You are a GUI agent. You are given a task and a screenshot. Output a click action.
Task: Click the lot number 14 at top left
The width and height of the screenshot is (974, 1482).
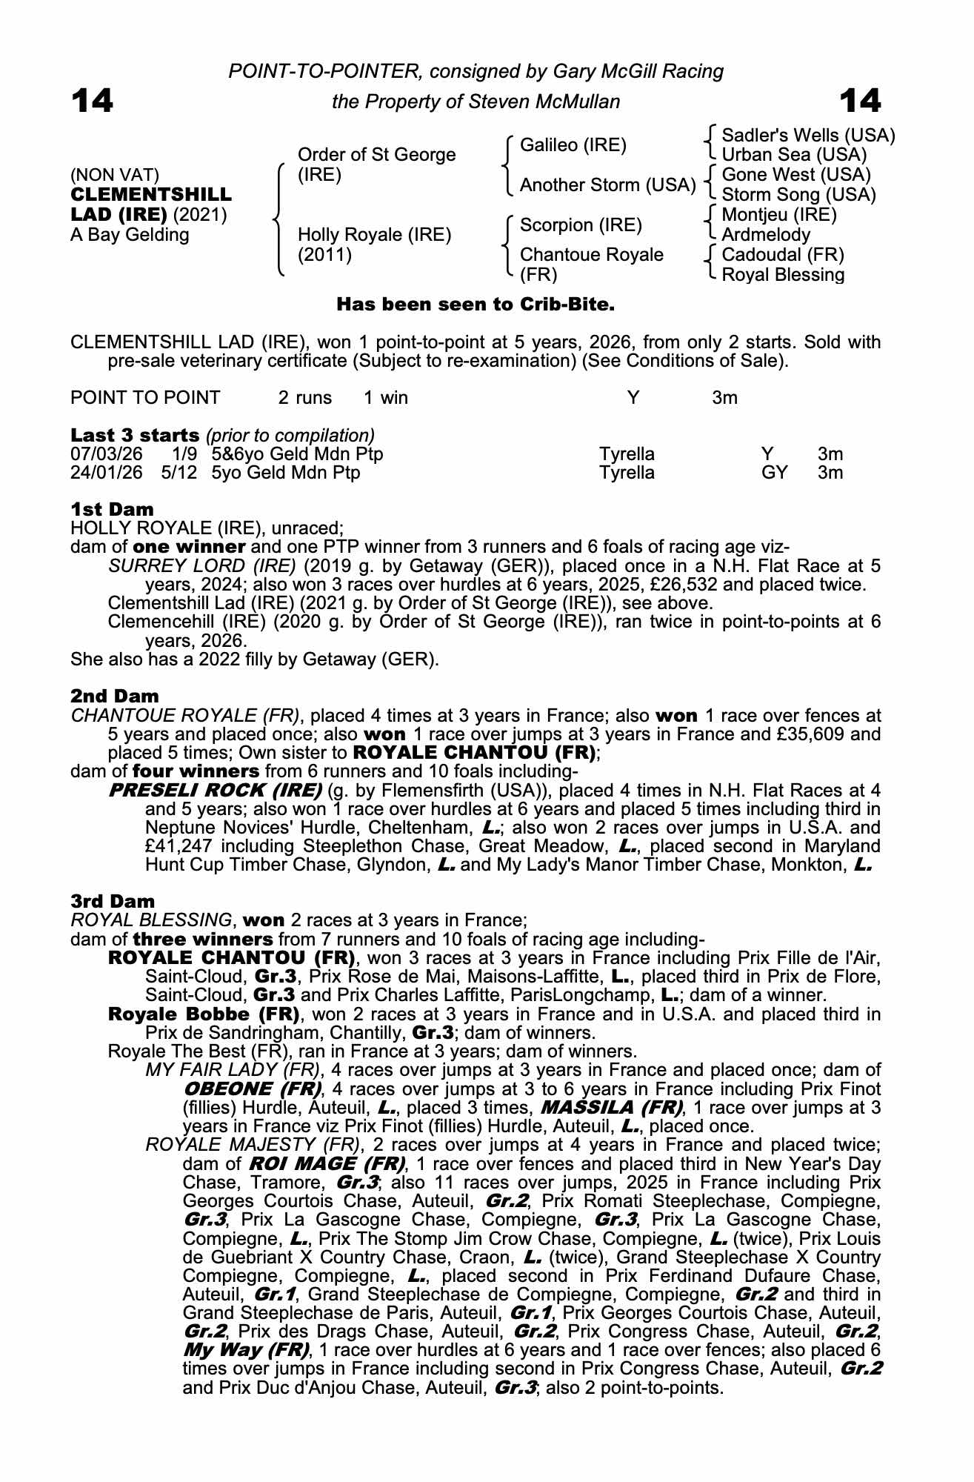[x=92, y=101]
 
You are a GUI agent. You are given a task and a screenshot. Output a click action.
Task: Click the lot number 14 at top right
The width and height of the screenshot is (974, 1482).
[x=860, y=101]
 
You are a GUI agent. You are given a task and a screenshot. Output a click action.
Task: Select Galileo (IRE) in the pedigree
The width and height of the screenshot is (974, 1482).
[x=573, y=145]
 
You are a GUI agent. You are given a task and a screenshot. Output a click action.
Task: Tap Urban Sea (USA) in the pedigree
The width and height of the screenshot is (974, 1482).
[x=794, y=155]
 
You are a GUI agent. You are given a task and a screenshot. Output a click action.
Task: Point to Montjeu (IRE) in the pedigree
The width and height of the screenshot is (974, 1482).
[x=778, y=215]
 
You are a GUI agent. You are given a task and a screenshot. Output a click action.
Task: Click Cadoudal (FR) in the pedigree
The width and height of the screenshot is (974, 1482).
[x=782, y=255]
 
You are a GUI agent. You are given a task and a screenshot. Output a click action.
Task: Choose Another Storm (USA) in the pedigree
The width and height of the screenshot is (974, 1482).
[x=607, y=185]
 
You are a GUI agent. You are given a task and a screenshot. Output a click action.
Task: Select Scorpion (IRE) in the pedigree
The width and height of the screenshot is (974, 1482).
[x=581, y=225]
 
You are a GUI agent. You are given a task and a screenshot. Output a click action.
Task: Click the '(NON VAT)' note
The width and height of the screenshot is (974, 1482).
[x=115, y=175]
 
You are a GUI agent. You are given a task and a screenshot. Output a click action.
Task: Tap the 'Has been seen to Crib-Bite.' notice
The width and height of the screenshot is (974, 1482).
[x=476, y=305]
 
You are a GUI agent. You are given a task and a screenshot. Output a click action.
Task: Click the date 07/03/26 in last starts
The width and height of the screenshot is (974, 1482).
[x=106, y=453]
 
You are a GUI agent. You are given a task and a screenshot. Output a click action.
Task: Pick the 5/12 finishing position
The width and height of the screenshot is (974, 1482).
[x=179, y=473]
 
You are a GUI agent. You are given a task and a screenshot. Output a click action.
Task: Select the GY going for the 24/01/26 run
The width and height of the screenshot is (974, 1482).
[x=774, y=473]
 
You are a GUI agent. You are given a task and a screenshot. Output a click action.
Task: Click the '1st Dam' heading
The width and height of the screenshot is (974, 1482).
[x=112, y=509]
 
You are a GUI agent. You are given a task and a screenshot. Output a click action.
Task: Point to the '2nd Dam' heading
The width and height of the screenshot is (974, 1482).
[x=114, y=696]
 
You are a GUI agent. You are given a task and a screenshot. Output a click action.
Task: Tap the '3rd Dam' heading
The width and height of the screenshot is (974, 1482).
[x=113, y=901]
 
